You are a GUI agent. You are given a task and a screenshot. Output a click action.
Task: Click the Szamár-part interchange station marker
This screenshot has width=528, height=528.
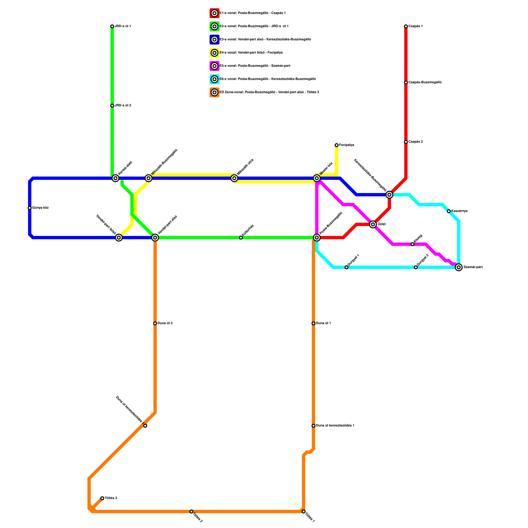tap(459, 267)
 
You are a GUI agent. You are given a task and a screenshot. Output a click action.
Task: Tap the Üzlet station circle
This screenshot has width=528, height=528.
tap(373, 224)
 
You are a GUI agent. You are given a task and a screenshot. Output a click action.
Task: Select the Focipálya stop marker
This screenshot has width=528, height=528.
tap(337, 145)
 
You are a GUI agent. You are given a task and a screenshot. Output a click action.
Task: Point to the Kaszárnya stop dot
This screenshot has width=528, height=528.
tap(449, 211)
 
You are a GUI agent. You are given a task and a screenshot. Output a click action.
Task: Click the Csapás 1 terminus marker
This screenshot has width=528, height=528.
tap(406, 26)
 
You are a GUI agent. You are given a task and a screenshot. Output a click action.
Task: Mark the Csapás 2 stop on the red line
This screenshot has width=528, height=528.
tap(406, 142)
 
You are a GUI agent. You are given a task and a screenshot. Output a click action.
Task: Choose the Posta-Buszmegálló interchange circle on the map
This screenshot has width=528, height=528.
tap(317, 238)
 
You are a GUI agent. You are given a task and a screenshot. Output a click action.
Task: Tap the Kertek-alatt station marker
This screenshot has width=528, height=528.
tap(115, 178)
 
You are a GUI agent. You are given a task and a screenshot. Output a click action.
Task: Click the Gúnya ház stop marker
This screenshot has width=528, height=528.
tap(30, 208)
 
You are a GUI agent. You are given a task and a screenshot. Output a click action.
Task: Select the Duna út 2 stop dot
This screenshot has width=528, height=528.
tap(155, 323)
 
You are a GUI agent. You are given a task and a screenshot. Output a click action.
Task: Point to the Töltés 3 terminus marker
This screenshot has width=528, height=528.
tap(102, 498)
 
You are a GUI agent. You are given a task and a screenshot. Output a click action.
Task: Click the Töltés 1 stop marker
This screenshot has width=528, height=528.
tap(304, 511)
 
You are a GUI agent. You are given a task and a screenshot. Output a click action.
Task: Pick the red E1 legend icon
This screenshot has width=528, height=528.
tap(214, 13)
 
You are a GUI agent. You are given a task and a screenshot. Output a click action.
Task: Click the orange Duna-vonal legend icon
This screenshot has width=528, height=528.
tap(214, 92)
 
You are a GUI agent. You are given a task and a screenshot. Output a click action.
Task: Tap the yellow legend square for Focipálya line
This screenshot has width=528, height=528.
tap(214, 53)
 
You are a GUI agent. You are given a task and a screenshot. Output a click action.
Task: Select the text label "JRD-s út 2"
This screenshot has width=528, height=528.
tap(123, 106)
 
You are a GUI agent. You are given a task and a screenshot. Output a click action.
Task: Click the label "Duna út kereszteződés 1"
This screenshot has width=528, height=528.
tap(335, 426)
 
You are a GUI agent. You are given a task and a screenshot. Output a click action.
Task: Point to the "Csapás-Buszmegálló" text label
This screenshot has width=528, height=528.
tap(425, 82)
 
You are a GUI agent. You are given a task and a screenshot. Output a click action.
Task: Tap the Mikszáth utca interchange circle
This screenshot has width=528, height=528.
tap(234, 178)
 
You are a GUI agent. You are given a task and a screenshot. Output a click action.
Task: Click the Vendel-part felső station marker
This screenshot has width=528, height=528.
tap(119, 238)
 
